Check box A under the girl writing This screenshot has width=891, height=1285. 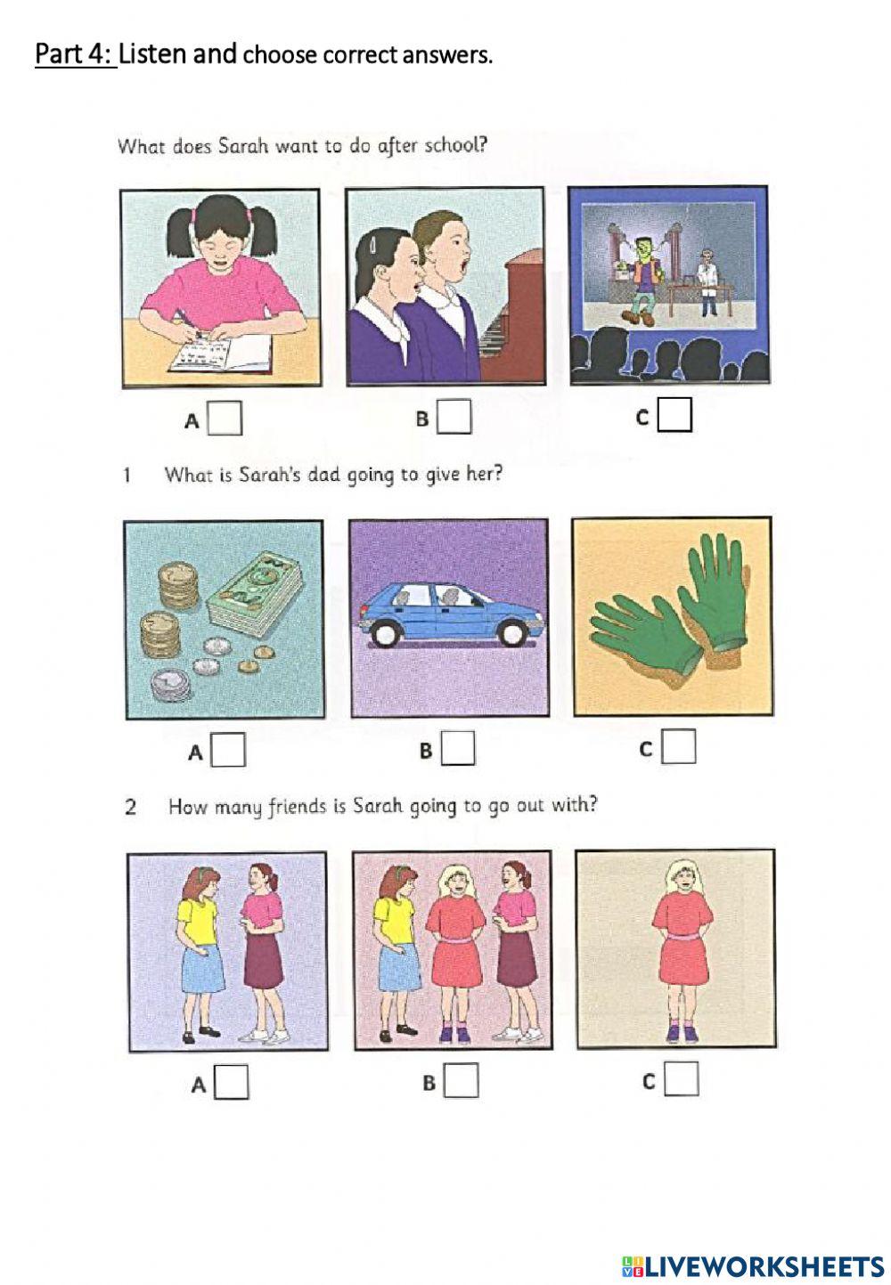coord(225,419)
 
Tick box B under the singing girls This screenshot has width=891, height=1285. coord(454,417)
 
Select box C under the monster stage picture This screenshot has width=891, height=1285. coord(674,415)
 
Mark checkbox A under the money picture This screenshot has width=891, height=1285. coord(228,750)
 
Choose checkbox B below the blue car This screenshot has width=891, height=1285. coord(458,748)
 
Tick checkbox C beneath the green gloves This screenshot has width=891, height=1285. coord(678,747)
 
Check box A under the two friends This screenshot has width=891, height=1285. coord(231,1082)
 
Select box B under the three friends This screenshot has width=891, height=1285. coord(461,1081)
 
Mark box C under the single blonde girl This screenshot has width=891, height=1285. coord(681,1079)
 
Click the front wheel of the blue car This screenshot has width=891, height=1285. coord(386,634)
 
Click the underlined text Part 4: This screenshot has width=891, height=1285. coord(75,54)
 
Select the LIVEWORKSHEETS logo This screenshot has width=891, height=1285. coord(752,1265)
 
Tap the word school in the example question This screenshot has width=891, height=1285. coord(455,145)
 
